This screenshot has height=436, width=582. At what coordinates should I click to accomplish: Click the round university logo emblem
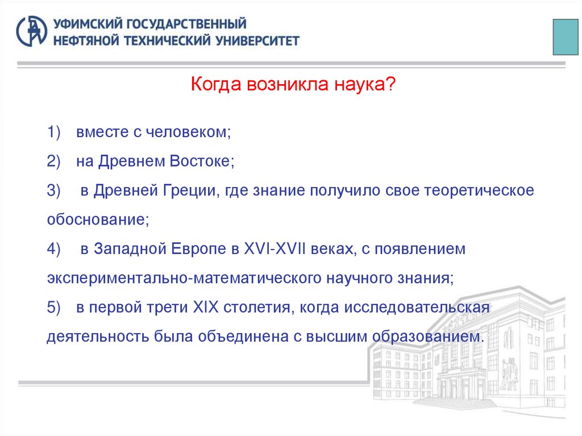point(32,31)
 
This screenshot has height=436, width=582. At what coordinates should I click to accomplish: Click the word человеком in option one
point(188,132)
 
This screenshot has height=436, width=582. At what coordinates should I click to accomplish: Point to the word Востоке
point(201,161)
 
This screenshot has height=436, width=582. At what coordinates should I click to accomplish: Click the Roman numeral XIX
point(206,308)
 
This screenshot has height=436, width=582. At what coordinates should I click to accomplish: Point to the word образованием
point(428,336)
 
